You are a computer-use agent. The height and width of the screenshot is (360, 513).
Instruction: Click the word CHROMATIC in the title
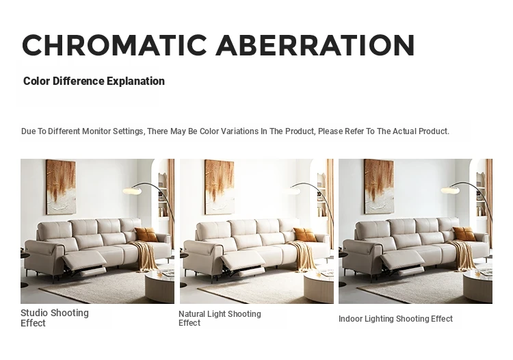[x=114, y=45]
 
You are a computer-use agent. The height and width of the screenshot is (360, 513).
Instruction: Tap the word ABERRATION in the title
[x=315, y=45]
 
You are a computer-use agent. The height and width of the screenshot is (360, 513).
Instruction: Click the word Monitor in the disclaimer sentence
[x=96, y=131]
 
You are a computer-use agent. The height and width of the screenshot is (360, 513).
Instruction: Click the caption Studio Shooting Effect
[x=55, y=318]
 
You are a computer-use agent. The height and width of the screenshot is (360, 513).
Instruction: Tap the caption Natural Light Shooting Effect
[x=220, y=318]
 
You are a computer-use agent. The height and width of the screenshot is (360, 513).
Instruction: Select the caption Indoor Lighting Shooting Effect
[x=395, y=318]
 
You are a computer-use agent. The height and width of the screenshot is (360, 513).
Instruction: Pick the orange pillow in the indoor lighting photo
[x=464, y=233]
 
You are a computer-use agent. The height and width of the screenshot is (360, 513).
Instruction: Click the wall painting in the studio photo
[x=61, y=187]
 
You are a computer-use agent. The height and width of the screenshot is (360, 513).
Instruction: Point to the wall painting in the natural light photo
[x=220, y=187]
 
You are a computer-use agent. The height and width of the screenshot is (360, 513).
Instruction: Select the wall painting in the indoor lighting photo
[x=379, y=187]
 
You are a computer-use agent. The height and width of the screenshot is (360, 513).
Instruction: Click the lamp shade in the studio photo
[x=132, y=190]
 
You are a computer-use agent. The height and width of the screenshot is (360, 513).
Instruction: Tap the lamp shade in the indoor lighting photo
[x=450, y=190]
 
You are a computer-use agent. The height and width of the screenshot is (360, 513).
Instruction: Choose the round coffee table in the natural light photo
[x=319, y=287]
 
